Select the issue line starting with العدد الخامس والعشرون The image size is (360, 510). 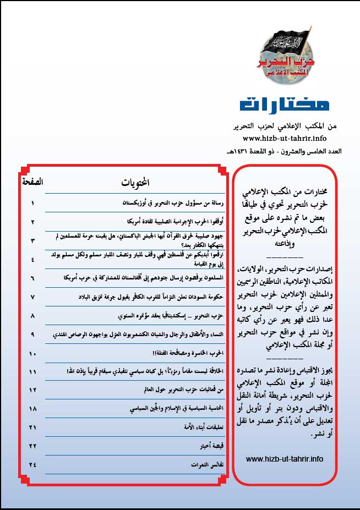tap(290, 151)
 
